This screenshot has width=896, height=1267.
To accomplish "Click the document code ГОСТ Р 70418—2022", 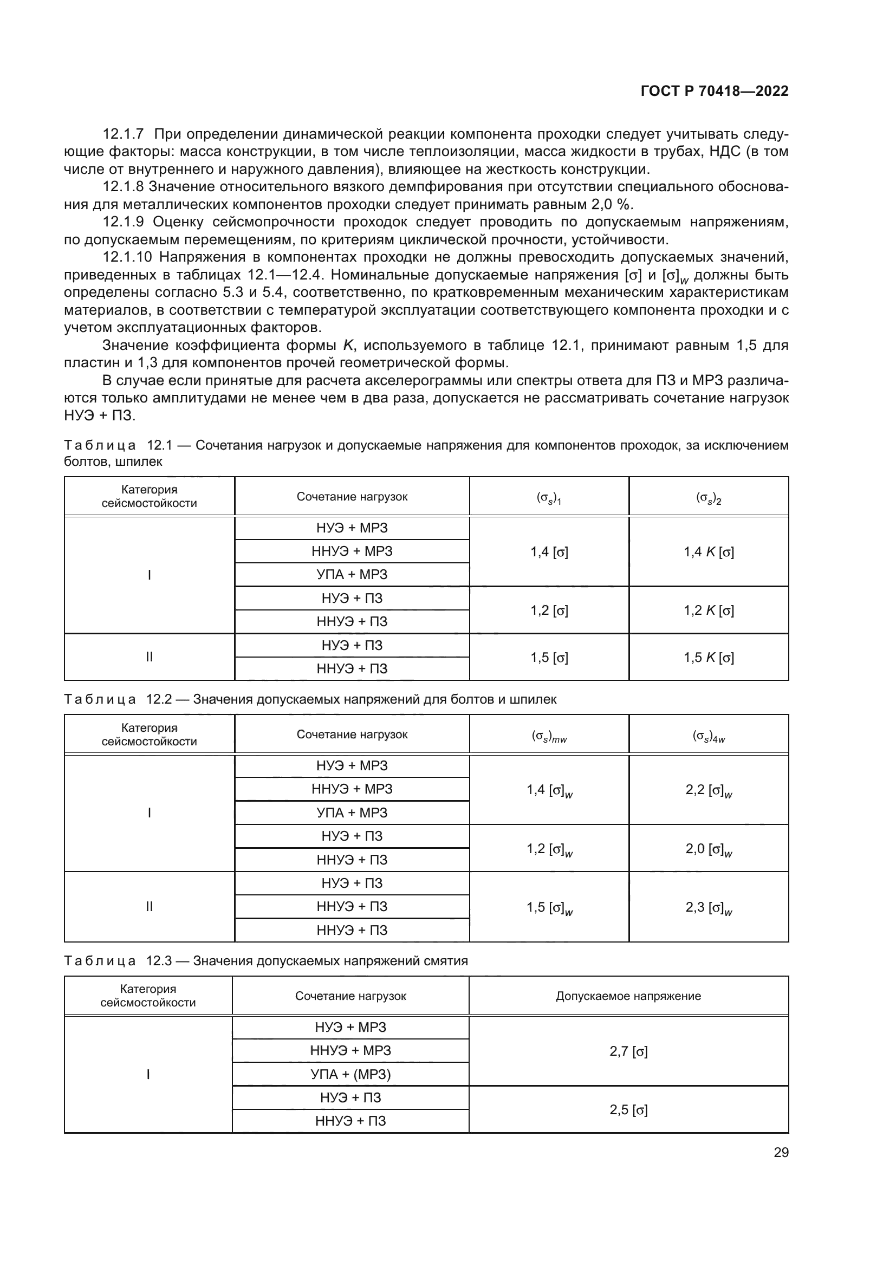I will click(714, 92).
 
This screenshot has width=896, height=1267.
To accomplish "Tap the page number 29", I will click(781, 1152).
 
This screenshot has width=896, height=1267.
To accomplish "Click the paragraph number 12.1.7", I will click(123, 134).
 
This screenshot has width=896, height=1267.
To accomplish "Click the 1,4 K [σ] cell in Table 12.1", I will click(709, 552).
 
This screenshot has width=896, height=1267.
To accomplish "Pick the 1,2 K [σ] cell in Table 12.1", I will click(709, 610).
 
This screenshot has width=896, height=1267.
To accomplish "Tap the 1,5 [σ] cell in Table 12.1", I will click(549, 657).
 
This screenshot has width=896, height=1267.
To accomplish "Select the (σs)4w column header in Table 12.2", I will click(709, 736).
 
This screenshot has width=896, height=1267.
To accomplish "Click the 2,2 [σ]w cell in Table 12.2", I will click(709, 790).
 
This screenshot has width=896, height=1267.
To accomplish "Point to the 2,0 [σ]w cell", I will click(709, 849).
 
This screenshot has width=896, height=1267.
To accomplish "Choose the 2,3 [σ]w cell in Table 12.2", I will click(709, 907).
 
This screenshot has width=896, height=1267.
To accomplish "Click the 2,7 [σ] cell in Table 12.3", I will click(628, 1051).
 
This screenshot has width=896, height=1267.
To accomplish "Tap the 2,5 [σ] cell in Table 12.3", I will click(628, 1110).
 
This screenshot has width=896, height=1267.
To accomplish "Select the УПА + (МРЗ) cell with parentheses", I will click(350, 1074).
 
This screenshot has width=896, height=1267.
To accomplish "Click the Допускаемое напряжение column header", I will click(628, 996).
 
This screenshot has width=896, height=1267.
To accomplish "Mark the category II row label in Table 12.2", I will click(149, 907).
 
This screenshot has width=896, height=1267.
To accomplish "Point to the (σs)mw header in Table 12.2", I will click(549, 736).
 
